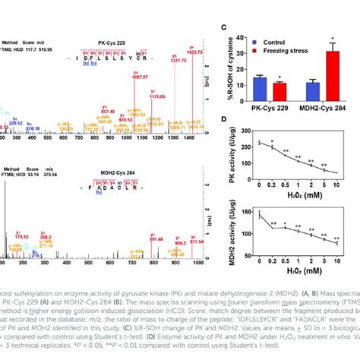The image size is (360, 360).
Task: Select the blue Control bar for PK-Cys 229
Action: (x=260, y=88)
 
